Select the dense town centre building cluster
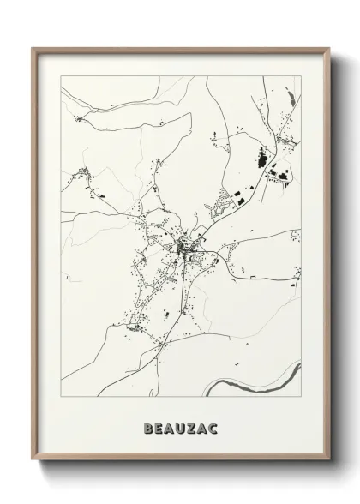(x=184, y=249)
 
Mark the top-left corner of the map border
(x=58, y=76)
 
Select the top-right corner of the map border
(x=302, y=76)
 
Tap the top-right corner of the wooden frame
(x=327, y=47)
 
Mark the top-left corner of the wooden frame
(x=32, y=47)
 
